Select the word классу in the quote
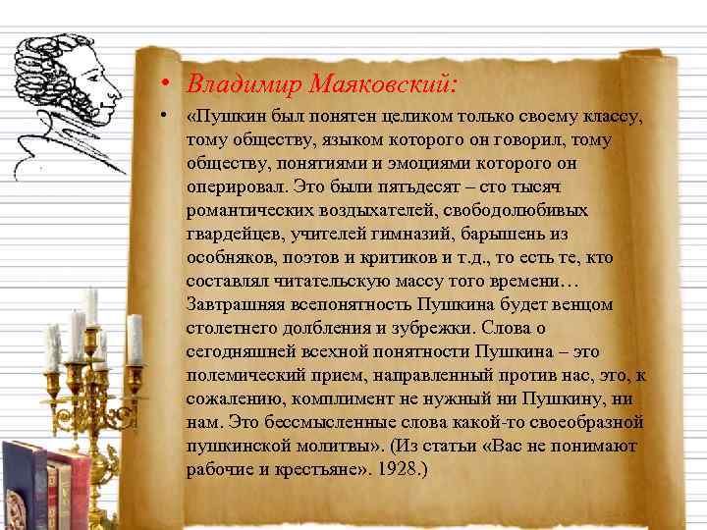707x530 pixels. click(611, 118)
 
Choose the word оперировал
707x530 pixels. click(232, 187)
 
